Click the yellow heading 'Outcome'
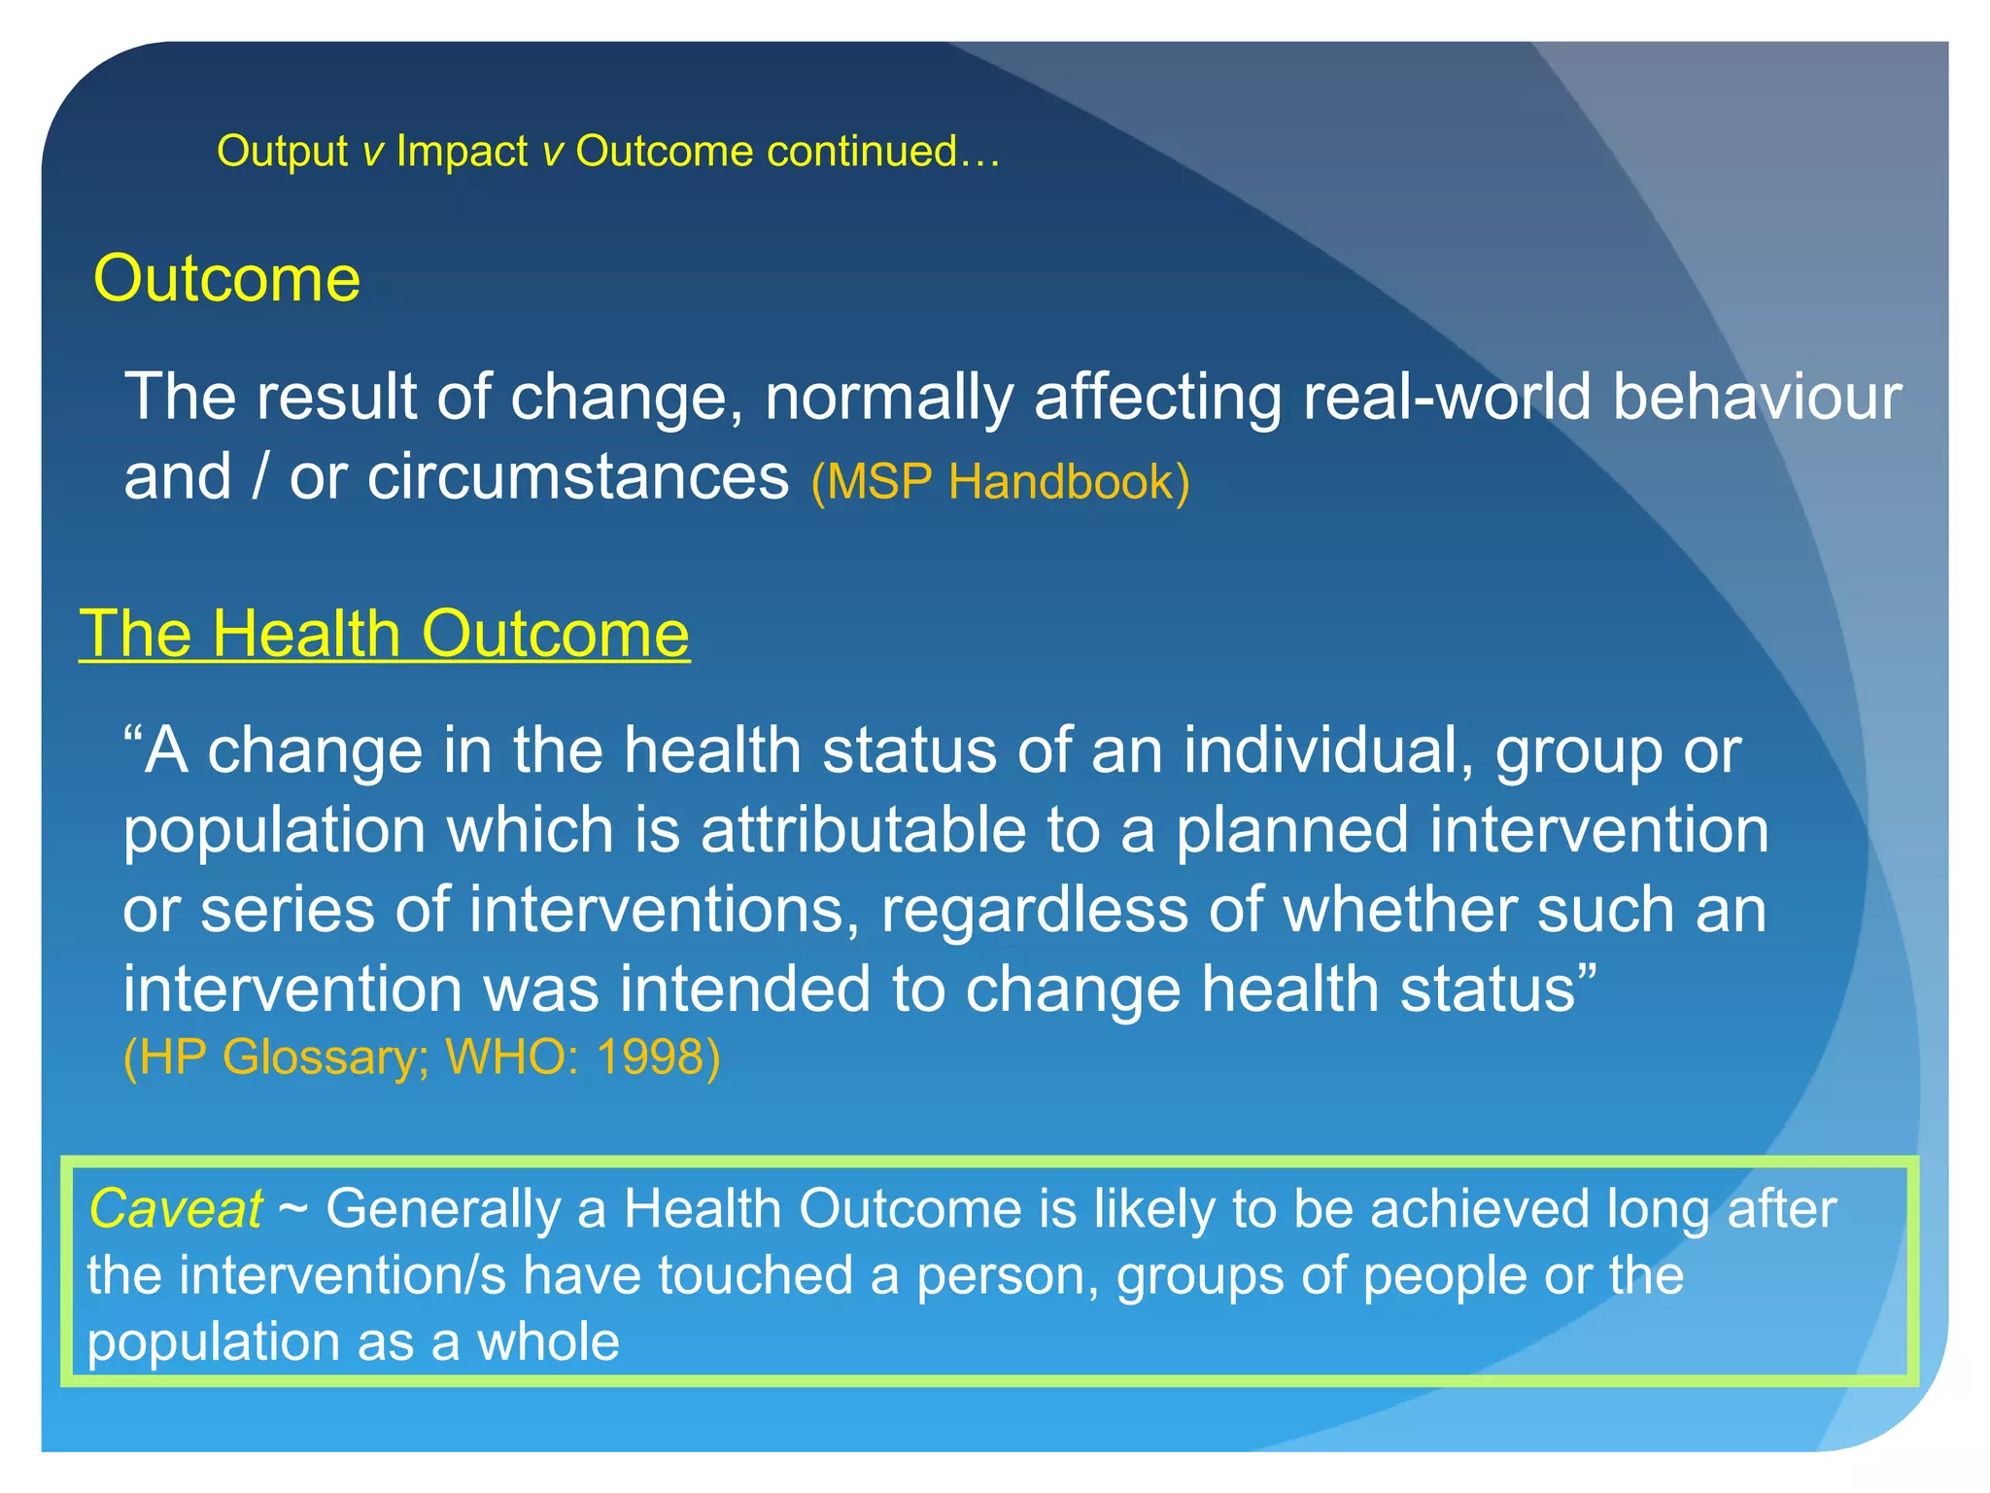tap(226, 279)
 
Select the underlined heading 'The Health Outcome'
tap(385, 634)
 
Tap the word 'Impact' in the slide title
tap(462, 152)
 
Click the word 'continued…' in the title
tap(883, 152)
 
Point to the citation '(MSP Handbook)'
tap(1000, 481)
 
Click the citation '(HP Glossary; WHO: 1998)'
tap(422, 1057)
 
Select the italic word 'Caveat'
tap(175, 1209)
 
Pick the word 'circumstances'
tap(577, 478)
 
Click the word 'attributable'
tap(863, 830)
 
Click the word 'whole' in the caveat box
tap(548, 1342)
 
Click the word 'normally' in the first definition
tap(888, 399)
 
